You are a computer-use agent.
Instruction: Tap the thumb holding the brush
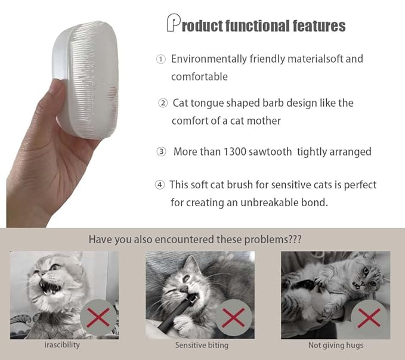(56, 96)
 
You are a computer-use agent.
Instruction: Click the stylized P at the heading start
(173, 23)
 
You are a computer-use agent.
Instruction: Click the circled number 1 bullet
(160, 59)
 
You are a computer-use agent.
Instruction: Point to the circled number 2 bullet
(163, 103)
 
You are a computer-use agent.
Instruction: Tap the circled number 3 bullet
(161, 152)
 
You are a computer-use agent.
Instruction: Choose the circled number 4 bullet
(159, 185)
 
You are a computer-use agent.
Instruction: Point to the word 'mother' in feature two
(264, 120)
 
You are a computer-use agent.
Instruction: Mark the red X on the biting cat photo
(234, 318)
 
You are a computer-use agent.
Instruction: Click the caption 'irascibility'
(63, 345)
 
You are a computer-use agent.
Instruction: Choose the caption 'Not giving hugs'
(336, 345)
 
